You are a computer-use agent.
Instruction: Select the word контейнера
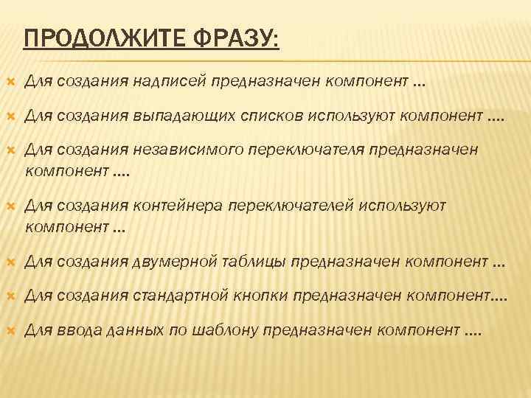(176, 206)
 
